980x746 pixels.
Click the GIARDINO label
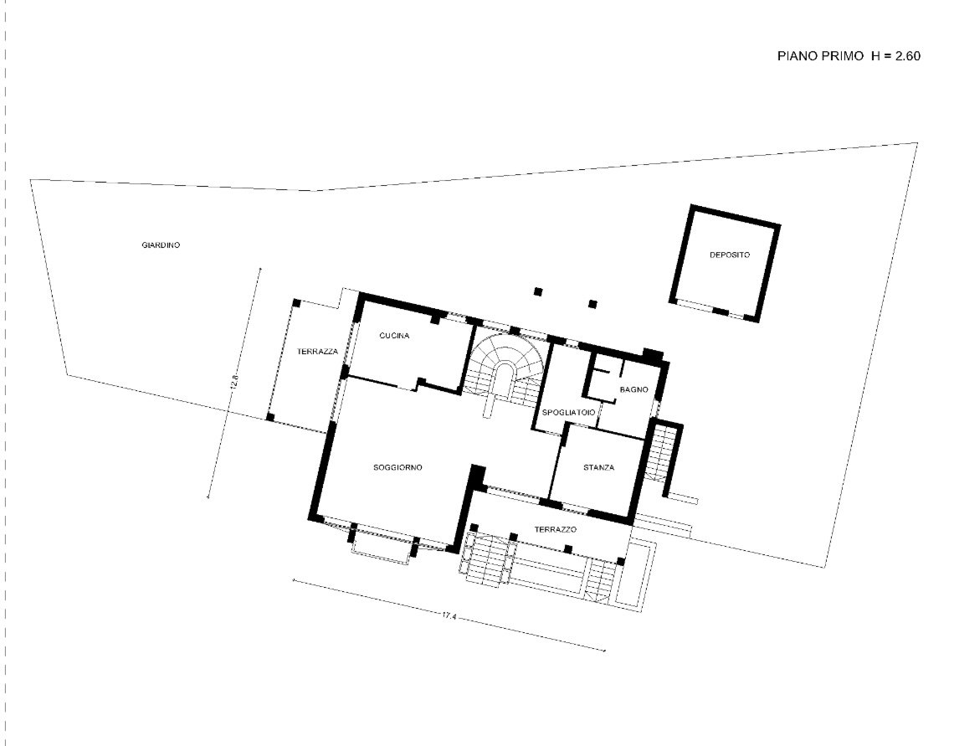pos(161,245)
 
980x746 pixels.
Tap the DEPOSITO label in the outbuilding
pos(730,255)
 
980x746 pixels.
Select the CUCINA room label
pos(394,336)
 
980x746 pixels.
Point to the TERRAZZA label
pos(317,352)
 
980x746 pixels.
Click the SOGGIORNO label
pos(398,467)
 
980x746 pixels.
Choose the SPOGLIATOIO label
pos(568,413)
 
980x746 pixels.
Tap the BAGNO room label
pos(634,389)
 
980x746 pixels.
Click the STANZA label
pos(598,467)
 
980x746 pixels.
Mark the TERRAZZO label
pos(555,530)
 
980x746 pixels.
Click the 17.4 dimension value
pos(449,616)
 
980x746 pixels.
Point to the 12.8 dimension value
pos(234,382)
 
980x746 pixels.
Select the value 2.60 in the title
pos(907,55)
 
